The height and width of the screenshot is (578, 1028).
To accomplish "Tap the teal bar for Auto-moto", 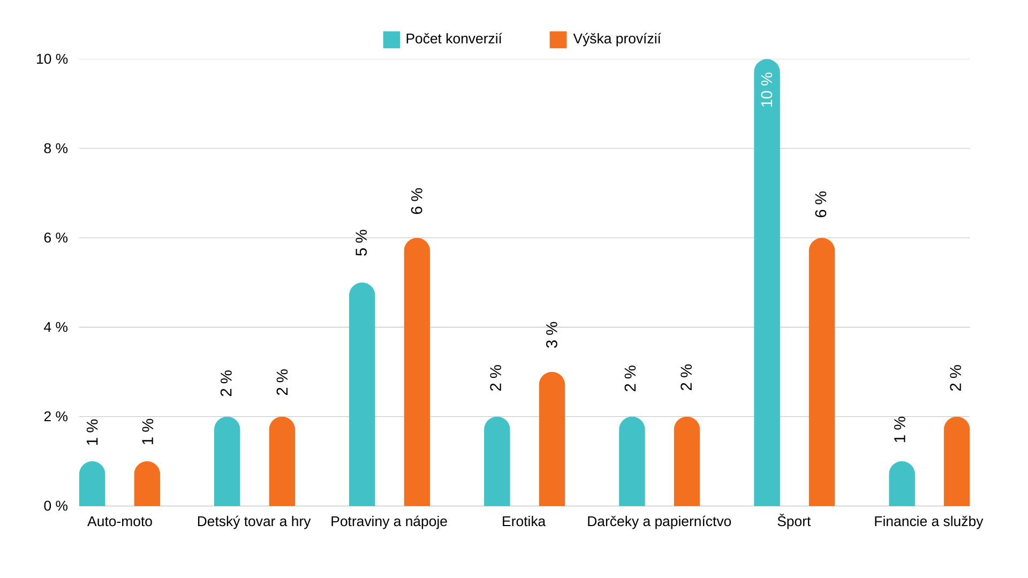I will point(92,484).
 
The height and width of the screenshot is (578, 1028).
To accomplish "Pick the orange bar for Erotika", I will point(551,439).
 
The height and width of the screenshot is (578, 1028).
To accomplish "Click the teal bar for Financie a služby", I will point(902,484).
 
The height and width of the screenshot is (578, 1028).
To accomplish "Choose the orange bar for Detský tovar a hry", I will point(282,462).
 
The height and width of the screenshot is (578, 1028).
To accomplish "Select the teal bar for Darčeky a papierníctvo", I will point(632,462).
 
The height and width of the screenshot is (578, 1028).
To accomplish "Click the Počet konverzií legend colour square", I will point(391,40).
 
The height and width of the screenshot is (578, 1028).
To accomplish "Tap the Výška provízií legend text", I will point(617,39).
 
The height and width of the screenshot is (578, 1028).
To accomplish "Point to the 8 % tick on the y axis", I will point(56,149).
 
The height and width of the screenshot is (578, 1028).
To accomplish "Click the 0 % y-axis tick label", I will point(56,506).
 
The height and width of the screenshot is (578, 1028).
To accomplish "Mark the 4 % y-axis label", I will point(56,327).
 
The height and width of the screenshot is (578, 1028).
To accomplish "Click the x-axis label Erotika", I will point(523,521).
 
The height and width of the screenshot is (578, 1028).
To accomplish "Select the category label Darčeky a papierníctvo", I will point(659,521).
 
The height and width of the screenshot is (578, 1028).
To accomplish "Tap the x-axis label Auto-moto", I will point(119,521).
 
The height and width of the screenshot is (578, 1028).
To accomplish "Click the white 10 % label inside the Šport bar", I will point(767,90).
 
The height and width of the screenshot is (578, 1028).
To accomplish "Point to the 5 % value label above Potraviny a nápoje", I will point(361,243).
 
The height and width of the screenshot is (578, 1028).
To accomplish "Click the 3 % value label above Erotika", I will point(551,335).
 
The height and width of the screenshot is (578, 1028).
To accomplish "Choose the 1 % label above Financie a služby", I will point(900,429).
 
